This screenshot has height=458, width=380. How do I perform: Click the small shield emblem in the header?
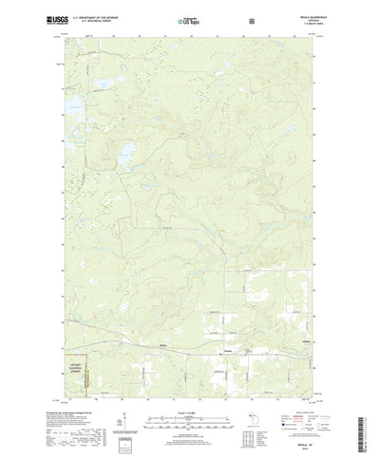(250, 19)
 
